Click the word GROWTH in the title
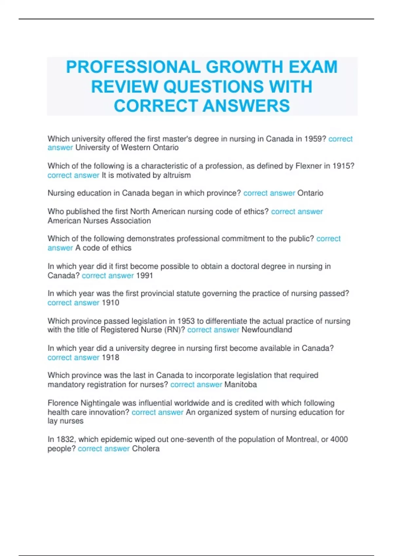point(244,67)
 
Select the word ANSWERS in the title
point(246,106)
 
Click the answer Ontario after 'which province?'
point(310,193)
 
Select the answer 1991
point(144,276)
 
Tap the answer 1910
point(110,303)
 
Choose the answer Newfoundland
point(267,330)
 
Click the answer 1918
point(110,357)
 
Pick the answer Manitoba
point(240,385)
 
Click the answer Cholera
point(146,449)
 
